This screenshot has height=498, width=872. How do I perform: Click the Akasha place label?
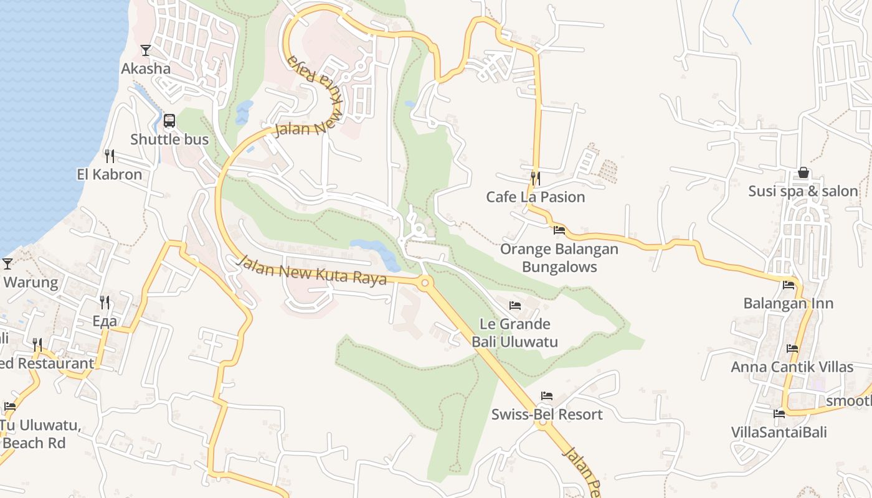click(x=146, y=68)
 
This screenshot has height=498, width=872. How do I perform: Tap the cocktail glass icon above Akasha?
click(x=146, y=50)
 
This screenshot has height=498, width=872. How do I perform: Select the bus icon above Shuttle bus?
click(x=169, y=121)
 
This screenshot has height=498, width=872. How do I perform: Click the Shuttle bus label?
click(x=169, y=139)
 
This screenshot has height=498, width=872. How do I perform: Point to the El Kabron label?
click(x=110, y=174)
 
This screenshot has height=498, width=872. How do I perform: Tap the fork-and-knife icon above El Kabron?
click(x=110, y=156)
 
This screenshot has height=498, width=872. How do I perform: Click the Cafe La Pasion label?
click(x=536, y=197)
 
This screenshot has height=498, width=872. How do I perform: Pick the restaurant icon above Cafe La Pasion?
click(x=535, y=179)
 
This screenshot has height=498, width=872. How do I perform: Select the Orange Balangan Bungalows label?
click(x=559, y=258)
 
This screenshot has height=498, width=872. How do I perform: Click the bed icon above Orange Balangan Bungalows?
click(x=559, y=230)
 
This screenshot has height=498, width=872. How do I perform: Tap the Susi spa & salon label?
click(x=803, y=191)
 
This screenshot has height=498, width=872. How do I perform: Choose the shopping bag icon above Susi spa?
click(x=803, y=172)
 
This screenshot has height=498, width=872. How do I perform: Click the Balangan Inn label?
click(x=789, y=304)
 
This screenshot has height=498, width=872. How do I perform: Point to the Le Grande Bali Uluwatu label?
click(x=514, y=333)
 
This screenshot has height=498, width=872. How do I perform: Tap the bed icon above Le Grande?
click(x=515, y=306)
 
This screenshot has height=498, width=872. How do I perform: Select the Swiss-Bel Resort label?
click(x=547, y=415)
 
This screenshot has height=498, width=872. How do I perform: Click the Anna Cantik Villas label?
click(x=792, y=367)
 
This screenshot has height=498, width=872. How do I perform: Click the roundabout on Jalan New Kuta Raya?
click(x=425, y=283)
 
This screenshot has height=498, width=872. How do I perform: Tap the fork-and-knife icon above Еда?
click(x=105, y=303)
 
